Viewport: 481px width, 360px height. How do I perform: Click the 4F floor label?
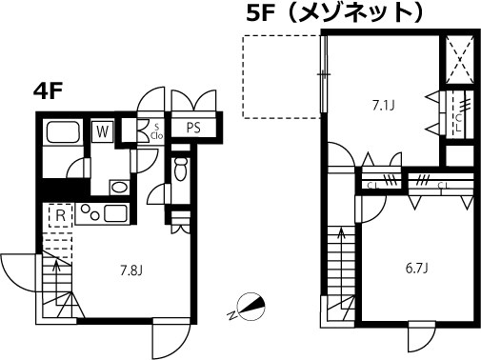[50, 91]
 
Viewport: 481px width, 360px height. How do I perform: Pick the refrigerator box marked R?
[59, 216]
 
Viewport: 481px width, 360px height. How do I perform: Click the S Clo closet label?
[156, 130]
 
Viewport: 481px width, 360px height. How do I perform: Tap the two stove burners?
[90, 212]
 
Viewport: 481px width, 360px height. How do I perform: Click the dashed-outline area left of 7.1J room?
[282, 77]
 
